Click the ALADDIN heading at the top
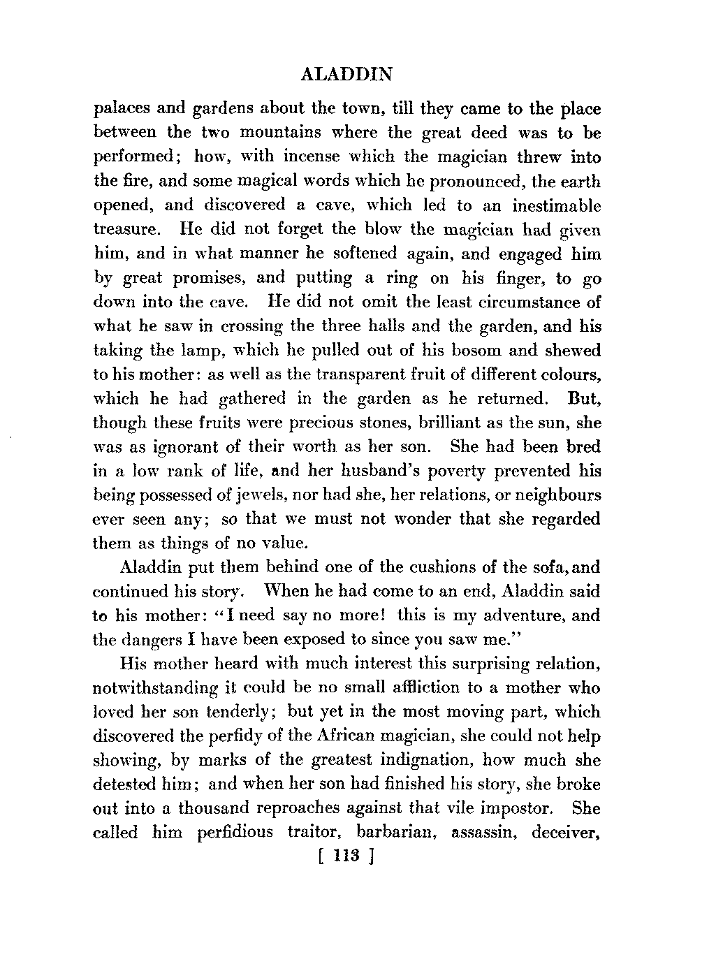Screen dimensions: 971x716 point(346,75)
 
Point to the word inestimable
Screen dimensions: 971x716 point(556,206)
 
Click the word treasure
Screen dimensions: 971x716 point(124,231)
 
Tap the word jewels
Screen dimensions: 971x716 point(270,495)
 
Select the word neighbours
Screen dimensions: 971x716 point(550,495)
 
